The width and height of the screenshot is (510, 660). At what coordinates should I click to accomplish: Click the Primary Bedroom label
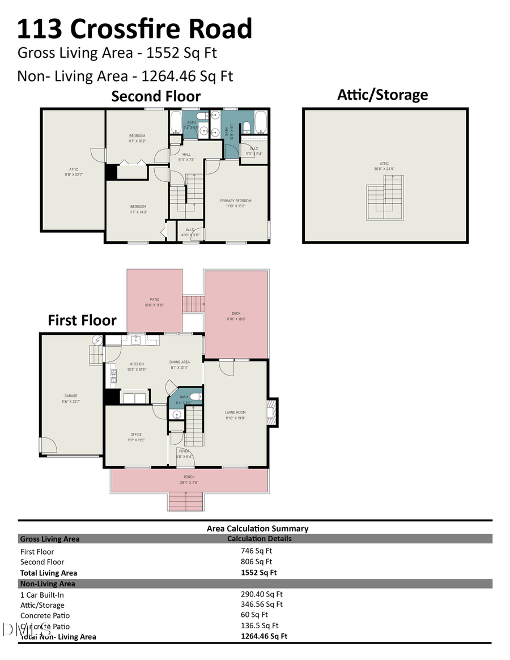tap(235, 201)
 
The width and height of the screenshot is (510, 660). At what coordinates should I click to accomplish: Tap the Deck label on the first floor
tap(236, 313)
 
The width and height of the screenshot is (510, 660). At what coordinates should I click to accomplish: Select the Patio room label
tap(154, 300)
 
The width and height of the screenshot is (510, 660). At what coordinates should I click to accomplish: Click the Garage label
tap(71, 396)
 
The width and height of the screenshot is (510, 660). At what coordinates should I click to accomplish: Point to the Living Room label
tap(235, 412)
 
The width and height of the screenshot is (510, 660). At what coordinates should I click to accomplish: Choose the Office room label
tap(136, 435)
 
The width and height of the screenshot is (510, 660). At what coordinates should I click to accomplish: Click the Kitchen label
tap(137, 364)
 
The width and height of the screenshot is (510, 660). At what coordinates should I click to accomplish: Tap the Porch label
tap(189, 477)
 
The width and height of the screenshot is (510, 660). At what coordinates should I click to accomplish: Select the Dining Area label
tap(179, 362)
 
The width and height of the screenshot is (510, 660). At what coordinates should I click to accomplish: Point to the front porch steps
tap(185, 501)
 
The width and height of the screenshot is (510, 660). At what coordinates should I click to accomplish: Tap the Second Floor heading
tap(156, 96)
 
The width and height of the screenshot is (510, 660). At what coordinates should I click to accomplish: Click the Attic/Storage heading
tap(382, 95)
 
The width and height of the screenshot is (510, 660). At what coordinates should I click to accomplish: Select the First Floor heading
tap(82, 320)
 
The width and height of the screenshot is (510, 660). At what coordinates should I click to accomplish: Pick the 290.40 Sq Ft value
tap(261, 594)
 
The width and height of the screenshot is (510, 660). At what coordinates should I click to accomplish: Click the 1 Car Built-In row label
tap(46, 595)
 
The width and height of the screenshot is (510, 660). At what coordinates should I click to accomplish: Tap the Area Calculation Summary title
tap(257, 529)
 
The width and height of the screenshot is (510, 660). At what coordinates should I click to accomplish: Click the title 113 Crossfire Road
tap(135, 28)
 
